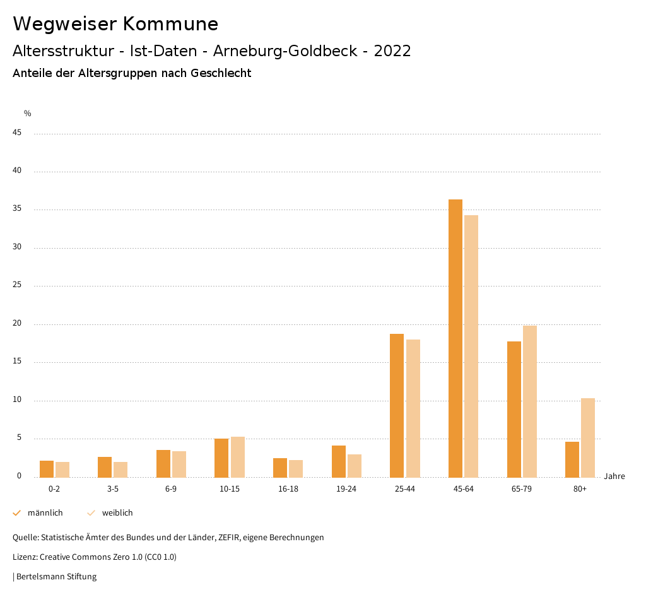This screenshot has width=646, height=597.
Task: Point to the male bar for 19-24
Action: click(339, 461)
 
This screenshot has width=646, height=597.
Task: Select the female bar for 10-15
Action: click(238, 457)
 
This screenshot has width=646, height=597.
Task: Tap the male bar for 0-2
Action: click(47, 469)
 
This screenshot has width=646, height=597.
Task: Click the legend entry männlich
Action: click(45, 513)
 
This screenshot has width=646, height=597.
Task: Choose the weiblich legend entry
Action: click(117, 513)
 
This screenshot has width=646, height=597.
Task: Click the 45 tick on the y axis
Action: click(18, 133)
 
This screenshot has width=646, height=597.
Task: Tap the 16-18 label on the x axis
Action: click(288, 489)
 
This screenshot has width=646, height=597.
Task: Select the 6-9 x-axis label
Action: click(171, 489)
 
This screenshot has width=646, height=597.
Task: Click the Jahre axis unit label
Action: click(614, 476)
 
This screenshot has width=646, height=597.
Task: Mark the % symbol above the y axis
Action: click(28, 114)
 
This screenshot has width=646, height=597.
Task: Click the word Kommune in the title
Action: click(170, 24)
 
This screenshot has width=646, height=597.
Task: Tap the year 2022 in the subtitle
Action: click(392, 51)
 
